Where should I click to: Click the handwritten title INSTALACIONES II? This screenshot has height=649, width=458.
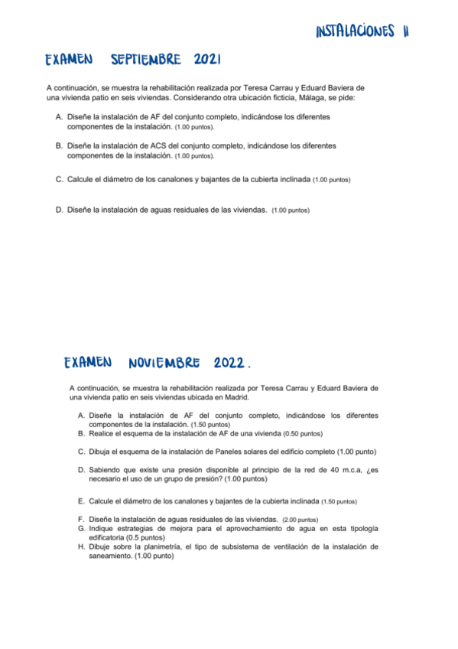pyautogui.click(x=362, y=31)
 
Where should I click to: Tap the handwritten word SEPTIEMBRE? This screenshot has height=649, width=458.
pyautogui.click(x=146, y=60)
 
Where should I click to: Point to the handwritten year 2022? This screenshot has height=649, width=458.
pyautogui.click(x=232, y=361)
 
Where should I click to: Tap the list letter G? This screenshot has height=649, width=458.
pyautogui.click(x=81, y=528)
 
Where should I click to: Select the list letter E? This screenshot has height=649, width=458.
pyautogui.click(x=81, y=501)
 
